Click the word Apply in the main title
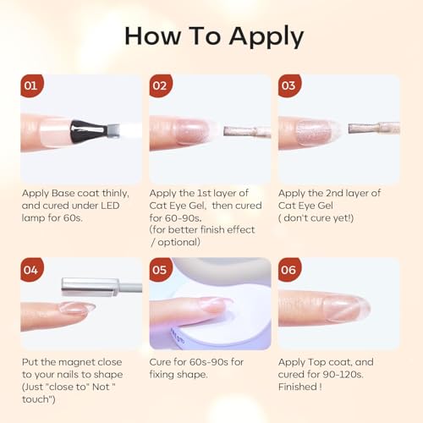coord(266,37)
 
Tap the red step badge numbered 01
coord(32,85)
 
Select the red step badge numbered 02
coord(161,85)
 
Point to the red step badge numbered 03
coord(289,85)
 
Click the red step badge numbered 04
coord(32,270)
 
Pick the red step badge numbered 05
coord(161,270)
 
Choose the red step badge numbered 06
coord(289,270)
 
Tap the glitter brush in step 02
coord(247,132)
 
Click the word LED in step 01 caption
coord(110,206)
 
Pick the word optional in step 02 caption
coord(179,242)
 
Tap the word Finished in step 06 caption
coord(298,387)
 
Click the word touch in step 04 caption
coord(36,399)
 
